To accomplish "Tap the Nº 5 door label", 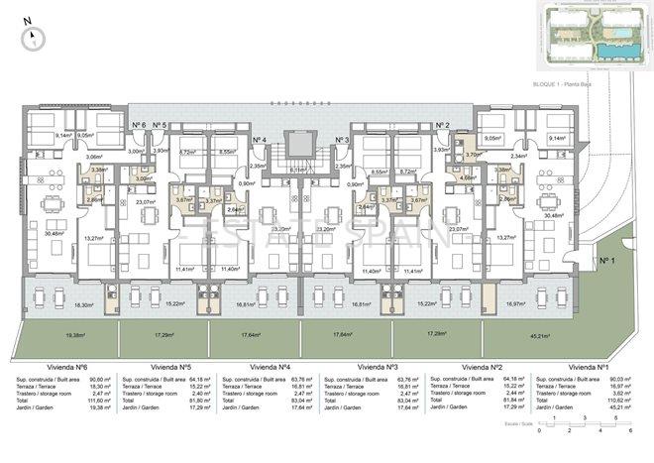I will (x=160, y=125).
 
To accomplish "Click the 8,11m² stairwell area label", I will (x=297, y=171).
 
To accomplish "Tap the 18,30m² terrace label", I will (x=65, y=305).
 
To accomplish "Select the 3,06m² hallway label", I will (x=94, y=157).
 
